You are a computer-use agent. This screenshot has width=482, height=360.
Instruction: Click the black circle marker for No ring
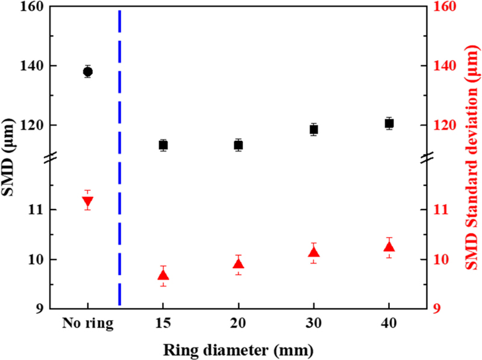(87, 72)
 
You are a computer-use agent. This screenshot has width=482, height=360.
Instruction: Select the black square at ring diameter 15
(163, 145)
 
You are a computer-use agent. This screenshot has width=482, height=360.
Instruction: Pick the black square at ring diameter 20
(238, 145)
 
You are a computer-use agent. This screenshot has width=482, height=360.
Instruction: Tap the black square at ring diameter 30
(313, 129)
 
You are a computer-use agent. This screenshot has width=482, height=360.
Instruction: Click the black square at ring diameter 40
(389, 123)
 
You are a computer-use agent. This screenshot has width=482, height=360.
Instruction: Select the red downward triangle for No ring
(87, 202)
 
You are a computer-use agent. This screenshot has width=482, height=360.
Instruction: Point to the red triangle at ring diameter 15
(163, 275)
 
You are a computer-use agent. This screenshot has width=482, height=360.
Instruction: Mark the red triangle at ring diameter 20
(238, 264)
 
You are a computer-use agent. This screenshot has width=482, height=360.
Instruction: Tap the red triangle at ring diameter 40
(389, 246)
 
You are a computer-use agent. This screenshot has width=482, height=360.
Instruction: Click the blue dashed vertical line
(119, 157)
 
